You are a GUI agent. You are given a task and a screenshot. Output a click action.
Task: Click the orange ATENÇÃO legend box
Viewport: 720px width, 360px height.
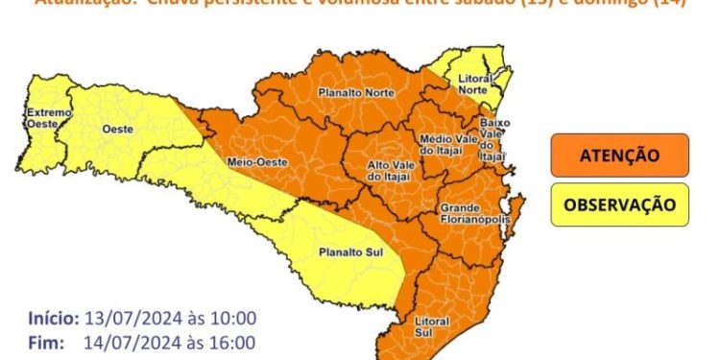[x=619, y=155]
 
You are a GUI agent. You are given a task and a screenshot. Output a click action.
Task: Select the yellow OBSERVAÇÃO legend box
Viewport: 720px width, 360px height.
[x=619, y=204]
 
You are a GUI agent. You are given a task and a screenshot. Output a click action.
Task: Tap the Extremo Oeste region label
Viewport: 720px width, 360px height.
[x=48, y=118]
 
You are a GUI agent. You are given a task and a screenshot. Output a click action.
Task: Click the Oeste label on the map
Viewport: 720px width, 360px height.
[x=115, y=128]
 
